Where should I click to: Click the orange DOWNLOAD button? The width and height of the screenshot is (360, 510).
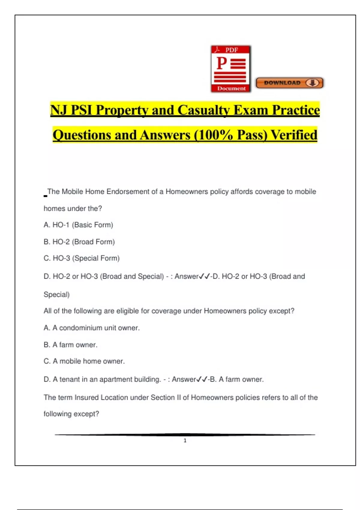[289, 83]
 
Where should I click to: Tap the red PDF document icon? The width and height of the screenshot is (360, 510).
[231, 69]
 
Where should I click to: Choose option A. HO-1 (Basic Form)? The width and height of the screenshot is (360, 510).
[78, 225]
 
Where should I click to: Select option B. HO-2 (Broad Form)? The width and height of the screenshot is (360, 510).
[79, 242]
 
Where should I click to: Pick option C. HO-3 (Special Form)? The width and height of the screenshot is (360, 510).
[82, 258]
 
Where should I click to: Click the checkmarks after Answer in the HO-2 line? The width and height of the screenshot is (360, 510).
[204, 276]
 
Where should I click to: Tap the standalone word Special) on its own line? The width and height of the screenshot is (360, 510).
[57, 295]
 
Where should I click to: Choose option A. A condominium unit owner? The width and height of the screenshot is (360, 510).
[91, 328]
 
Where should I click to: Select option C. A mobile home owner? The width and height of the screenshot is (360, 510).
[84, 361]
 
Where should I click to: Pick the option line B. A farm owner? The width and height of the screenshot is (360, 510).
[70, 345]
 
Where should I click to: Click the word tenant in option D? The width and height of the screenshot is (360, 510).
[70, 379]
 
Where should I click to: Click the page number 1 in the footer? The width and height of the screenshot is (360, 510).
[185, 440]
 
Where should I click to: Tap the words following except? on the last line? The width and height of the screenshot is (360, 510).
[71, 414]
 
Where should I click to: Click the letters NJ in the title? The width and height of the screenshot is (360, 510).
[58, 110]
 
